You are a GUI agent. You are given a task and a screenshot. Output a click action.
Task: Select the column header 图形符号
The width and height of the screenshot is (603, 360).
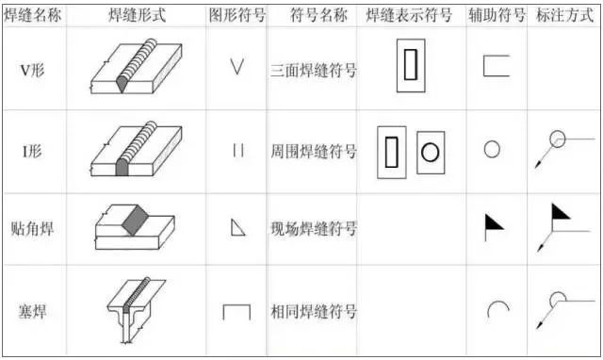236,16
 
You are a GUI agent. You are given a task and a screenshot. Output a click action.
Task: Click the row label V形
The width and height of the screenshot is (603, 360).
34,69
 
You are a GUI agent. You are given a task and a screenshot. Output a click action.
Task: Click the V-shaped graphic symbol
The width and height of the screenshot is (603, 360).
236,68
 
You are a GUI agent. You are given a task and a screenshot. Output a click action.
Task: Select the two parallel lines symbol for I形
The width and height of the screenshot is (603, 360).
236,149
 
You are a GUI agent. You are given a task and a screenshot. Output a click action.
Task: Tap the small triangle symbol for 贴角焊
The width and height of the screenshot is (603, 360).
237,227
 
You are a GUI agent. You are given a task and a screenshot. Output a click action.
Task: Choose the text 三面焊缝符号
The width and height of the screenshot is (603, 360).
313,69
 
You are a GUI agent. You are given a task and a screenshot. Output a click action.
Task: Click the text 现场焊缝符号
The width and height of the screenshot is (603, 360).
313,228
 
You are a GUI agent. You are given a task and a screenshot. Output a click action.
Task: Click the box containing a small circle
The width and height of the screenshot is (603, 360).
430,151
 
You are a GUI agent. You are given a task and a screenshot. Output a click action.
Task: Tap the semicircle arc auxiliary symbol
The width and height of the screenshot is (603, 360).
497,309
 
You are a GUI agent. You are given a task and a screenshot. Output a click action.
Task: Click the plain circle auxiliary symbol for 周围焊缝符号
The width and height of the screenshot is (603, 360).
492,149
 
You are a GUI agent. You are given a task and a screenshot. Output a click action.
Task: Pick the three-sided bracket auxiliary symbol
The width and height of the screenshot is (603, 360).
496,66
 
